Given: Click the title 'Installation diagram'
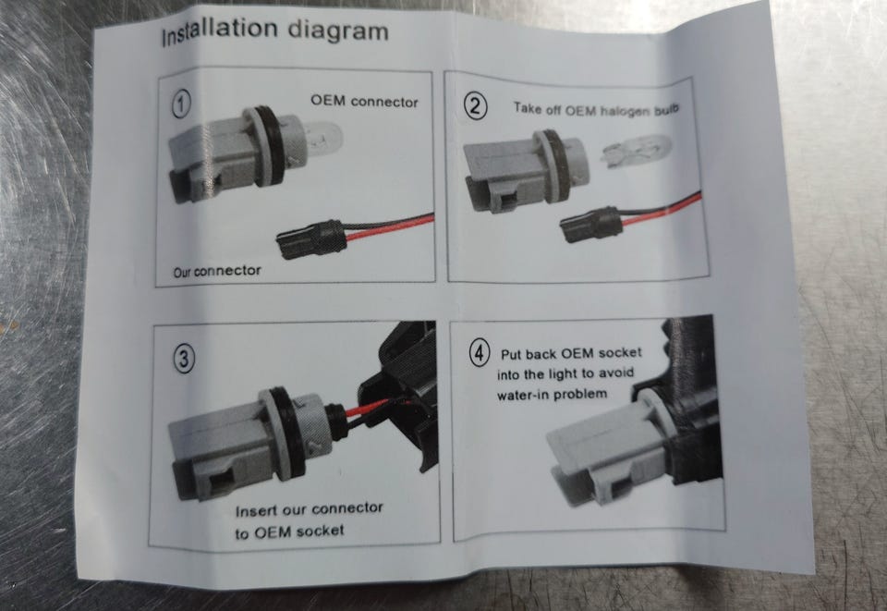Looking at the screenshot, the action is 275,31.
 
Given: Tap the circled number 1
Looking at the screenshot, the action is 181,104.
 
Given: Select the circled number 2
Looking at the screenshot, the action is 475,105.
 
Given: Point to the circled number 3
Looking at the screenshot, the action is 183,358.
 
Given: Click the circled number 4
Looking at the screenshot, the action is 480,353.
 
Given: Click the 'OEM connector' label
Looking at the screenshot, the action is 364,102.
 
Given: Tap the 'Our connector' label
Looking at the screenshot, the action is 217,272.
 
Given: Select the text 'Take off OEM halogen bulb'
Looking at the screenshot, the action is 596,109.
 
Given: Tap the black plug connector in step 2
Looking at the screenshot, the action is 591,226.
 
